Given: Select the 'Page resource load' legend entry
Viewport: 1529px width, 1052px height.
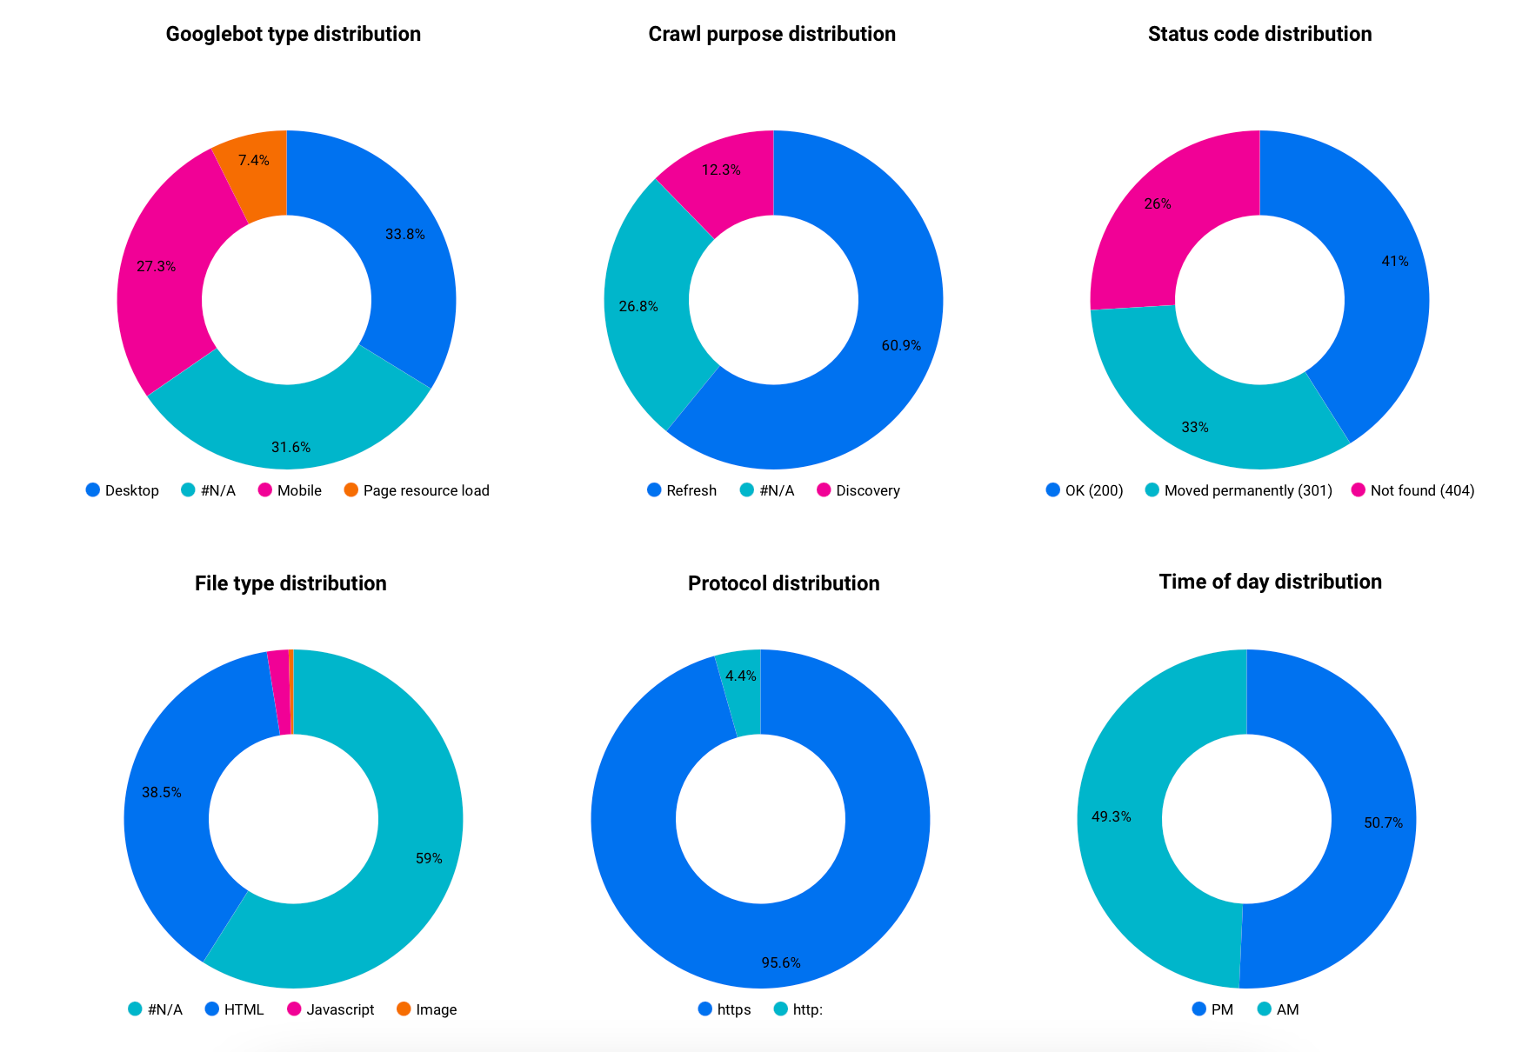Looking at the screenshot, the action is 417,490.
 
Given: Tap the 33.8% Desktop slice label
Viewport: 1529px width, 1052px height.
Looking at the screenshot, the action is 405,234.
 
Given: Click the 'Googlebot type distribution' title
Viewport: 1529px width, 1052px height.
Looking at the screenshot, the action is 293,34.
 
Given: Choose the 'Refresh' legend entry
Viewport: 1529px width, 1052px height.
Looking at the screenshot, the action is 682,490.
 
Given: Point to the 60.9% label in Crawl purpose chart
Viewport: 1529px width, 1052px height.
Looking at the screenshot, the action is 901,345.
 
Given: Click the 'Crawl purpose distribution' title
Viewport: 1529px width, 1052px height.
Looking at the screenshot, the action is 772,34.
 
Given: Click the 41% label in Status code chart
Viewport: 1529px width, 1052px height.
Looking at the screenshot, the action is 1395,261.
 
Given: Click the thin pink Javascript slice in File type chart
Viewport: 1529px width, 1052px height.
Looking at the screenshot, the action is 280,692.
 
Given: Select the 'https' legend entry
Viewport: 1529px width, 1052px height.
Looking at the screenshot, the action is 724,1009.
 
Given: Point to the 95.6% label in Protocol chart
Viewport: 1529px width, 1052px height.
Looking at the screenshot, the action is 781,962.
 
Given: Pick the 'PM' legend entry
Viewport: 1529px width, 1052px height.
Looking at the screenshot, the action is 1212,1009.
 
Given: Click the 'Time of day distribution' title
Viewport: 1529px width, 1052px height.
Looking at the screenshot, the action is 1270,582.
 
